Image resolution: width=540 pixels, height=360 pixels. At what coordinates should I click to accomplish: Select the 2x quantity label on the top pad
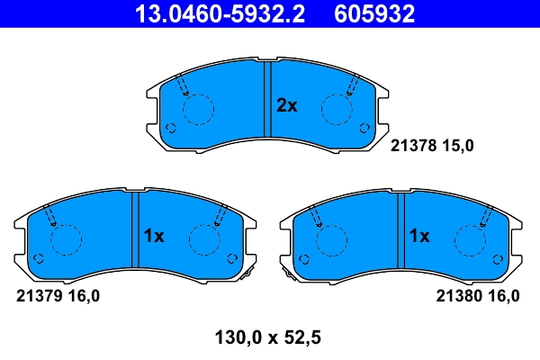click(x=286, y=106)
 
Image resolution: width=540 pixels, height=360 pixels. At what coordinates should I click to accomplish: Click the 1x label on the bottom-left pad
click(x=153, y=237)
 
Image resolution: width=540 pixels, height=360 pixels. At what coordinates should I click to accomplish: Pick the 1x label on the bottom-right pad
click(x=418, y=237)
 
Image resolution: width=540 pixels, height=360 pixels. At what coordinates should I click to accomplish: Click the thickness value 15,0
click(x=456, y=143)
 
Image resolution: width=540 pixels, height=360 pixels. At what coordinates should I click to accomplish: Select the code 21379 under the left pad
click(x=39, y=294)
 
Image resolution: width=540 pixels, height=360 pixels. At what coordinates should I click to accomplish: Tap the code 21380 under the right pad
click(x=458, y=294)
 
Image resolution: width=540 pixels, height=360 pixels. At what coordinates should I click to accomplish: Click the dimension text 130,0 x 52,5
click(x=269, y=338)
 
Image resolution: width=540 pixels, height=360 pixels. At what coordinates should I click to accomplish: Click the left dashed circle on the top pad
click(x=198, y=110)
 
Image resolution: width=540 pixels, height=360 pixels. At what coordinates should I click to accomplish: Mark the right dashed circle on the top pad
click(x=336, y=110)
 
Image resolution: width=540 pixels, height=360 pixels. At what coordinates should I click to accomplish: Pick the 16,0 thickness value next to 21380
click(x=502, y=294)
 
